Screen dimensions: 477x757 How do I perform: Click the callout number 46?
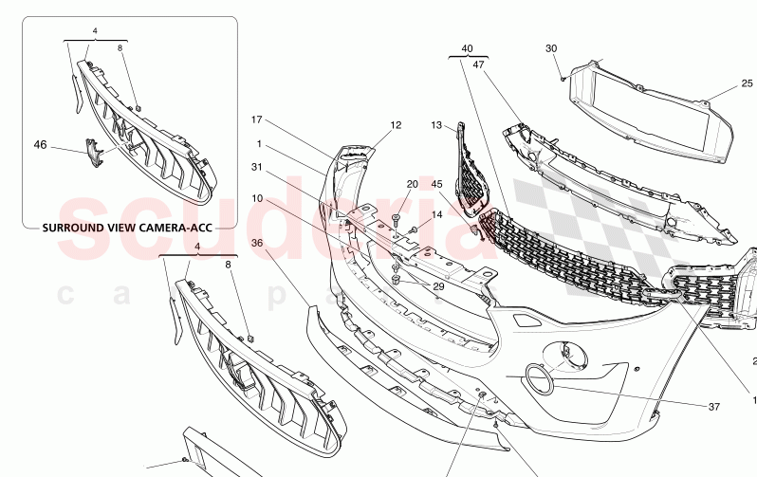click(x=40, y=145)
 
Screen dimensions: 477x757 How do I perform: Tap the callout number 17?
click(x=256, y=119)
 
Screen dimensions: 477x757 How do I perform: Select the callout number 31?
click(x=256, y=167)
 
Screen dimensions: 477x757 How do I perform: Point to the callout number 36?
click(x=256, y=243)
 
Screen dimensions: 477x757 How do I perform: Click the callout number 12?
click(x=396, y=124)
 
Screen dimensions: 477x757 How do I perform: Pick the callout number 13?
click(x=436, y=124)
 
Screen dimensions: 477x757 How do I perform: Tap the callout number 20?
click(x=412, y=184)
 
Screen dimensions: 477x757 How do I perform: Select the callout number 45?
click(x=437, y=184)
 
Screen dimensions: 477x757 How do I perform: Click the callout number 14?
click(x=437, y=215)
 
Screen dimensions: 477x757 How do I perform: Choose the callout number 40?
click(x=467, y=48)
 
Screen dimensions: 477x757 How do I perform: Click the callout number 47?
click(x=479, y=64)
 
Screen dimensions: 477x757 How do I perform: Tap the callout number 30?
click(x=551, y=48)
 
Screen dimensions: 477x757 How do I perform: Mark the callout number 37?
click(x=713, y=407)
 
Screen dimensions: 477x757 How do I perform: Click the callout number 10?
click(x=256, y=198)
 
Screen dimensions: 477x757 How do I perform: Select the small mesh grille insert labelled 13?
click(x=470, y=171)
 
